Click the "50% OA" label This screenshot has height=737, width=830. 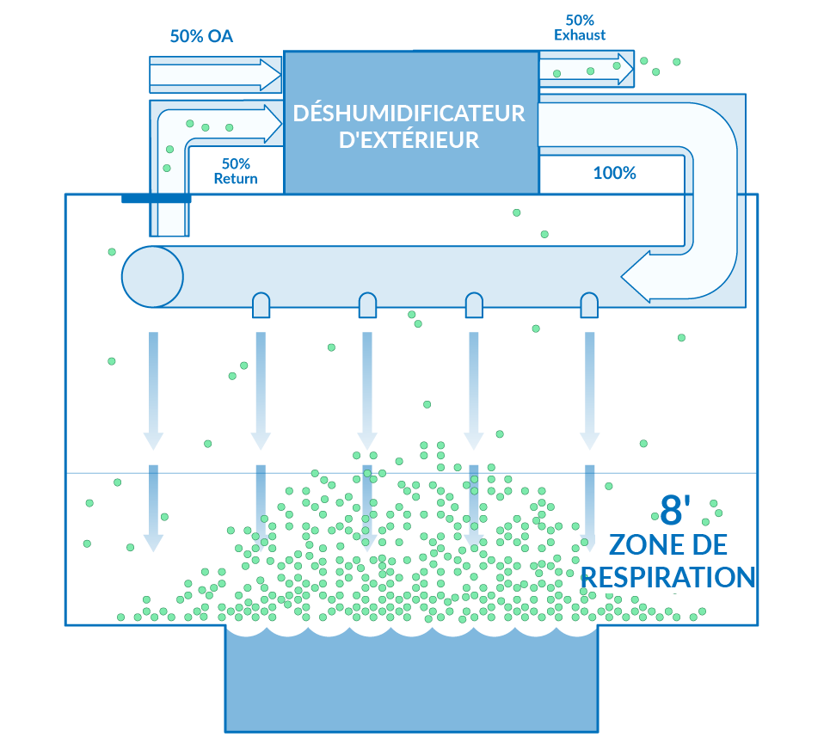pos(201,36)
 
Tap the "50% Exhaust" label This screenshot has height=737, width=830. pos(580,28)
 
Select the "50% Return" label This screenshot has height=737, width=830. pos(236,171)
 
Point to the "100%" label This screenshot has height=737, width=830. pos(614,173)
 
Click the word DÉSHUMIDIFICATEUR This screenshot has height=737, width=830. pos(409,114)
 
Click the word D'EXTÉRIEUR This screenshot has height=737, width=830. pos(409,140)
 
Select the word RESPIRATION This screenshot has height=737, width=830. pos(668,577)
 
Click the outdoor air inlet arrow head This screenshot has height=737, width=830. pos(270,75)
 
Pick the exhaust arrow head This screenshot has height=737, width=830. pos(625,69)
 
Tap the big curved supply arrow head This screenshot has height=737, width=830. pos(636,276)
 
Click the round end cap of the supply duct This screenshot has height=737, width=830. pos(152,277)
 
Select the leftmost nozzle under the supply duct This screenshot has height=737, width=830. pos(261,305)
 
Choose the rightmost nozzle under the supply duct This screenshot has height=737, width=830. pos(589,305)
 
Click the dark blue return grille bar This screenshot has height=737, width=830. pos(157,199)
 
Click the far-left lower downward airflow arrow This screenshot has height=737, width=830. pos(153,508)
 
